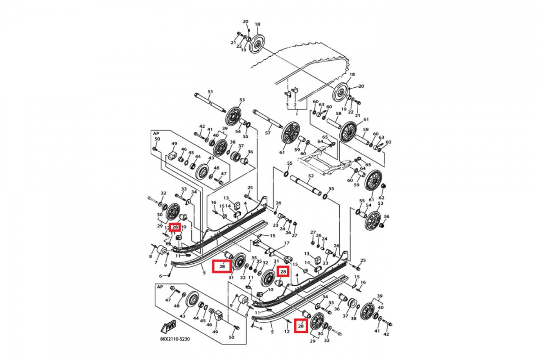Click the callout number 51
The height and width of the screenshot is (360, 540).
tap(210, 92)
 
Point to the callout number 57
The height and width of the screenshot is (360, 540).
tap(268, 133)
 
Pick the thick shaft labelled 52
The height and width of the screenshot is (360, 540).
tap(306, 184)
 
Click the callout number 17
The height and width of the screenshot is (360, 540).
tap(286, 243)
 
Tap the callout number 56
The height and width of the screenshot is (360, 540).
tap(387, 216)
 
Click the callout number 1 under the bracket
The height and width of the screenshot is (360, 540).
tap(297, 114)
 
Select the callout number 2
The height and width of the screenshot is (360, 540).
tap(295, 105)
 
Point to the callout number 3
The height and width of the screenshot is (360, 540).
tap(287, 105)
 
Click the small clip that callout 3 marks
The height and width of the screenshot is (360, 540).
tap(286, 94)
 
